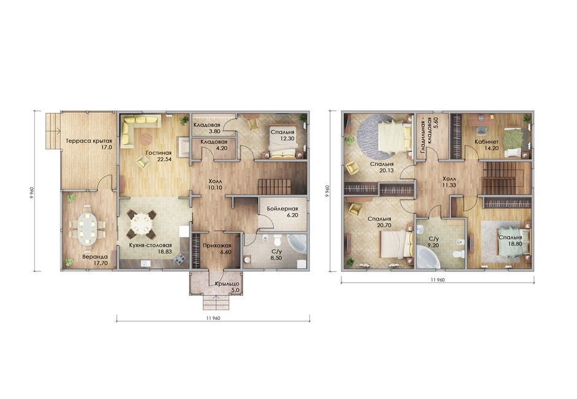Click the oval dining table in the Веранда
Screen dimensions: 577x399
tap(88, 229)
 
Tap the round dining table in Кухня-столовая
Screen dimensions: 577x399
tap(141, 223)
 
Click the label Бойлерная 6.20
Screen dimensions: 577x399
tap(282, 212)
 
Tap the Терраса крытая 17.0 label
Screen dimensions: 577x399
tap(88, 144)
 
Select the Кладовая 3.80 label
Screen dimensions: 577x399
tap(207, 128)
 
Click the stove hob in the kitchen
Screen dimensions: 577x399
tap(180, 259)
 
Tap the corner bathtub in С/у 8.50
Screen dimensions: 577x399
tap(296, 244)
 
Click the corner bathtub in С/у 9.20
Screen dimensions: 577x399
tap(428, 256)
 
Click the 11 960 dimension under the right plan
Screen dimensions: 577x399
tap(438, 280)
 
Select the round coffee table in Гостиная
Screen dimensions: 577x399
tap(147, 139)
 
